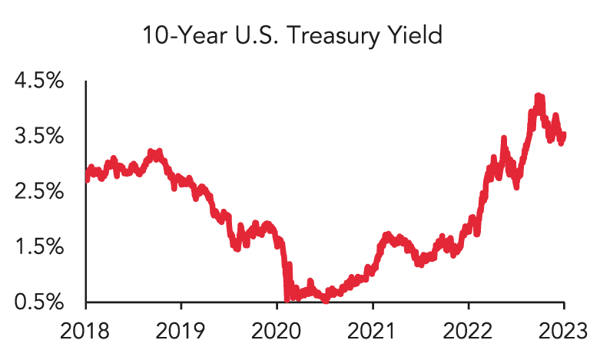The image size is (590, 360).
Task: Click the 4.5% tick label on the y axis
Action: pyautogui.click(x=40, y=81)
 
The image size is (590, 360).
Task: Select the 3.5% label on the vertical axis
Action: pyautogui.click(x=40, y=137)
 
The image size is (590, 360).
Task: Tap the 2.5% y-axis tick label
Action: pyautogui.click(x=40, y=192)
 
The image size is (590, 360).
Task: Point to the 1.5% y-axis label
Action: pyautogui.click(x=40, y=247)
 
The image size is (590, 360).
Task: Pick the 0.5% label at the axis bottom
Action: pyautogui.click(x=40, y=302)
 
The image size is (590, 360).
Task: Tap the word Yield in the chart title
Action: pyautogui.click(x=418, y=37)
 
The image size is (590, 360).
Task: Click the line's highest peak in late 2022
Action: pyautogui.click(x=539, y=97)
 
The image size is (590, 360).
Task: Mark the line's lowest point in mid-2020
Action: pyautogui.click(x=326, y=301)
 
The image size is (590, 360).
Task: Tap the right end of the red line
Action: pyautogui.click(x=565, y=136)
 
